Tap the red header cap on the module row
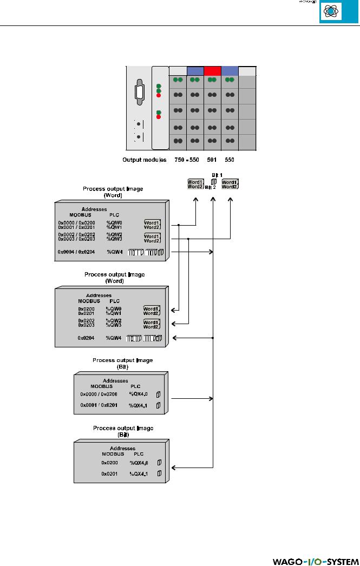213,71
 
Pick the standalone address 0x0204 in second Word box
87,338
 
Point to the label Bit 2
211,187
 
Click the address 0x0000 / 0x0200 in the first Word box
79,222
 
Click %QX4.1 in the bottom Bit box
139,473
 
